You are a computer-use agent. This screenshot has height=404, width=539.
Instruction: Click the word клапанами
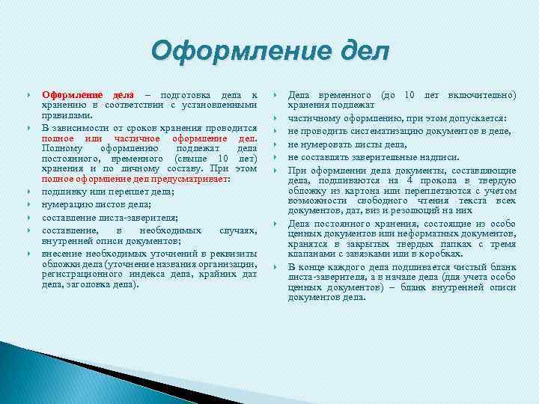pyautogui.click(x=312, y=254)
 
